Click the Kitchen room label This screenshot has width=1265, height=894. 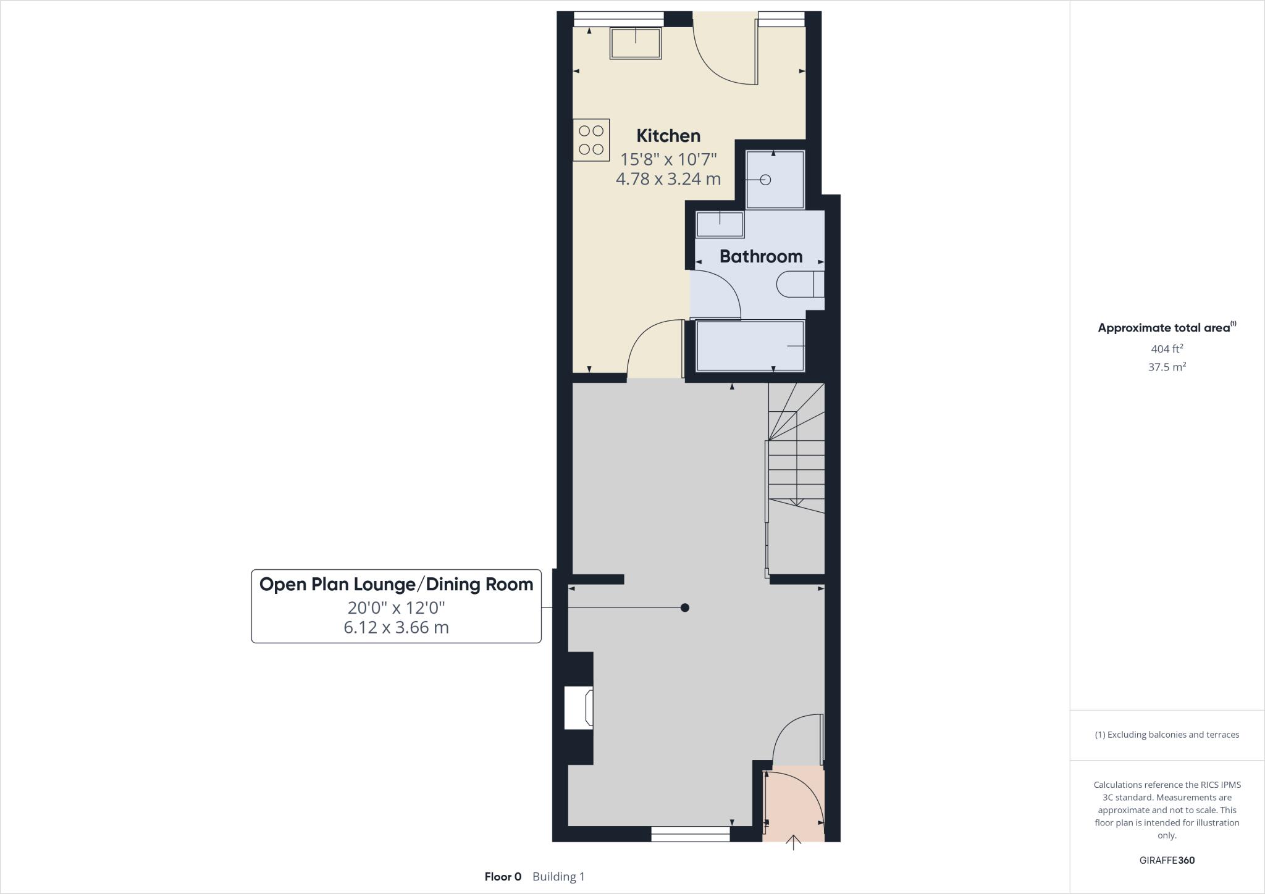[668, 136]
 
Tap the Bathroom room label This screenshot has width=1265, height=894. [760, 256]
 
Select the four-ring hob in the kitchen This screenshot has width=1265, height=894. [591, 140]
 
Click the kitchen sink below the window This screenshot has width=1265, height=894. [636, 43]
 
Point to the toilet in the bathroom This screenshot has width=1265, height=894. [800, 285]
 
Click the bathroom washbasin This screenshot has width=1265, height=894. [720, 224]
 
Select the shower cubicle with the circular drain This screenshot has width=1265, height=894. [775, 180]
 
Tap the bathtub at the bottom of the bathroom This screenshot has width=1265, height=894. [750, 346]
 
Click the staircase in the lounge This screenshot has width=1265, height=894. [796, 457]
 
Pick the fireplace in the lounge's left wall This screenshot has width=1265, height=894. [579, 708]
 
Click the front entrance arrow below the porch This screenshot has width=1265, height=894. [793, 843]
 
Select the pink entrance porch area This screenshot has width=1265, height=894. [794, 803]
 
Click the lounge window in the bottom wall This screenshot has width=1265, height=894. [690, 835]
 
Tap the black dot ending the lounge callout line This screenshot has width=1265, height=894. [684, 608]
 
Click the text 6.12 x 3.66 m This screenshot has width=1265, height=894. [396, 628]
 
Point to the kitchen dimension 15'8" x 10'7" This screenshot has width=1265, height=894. [668, 160]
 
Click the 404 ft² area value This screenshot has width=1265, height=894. [1167, 349]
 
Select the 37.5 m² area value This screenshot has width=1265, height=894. [1167, 367]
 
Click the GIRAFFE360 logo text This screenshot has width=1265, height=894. [1167, 860]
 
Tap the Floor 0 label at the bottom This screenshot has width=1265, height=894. [503, 877]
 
